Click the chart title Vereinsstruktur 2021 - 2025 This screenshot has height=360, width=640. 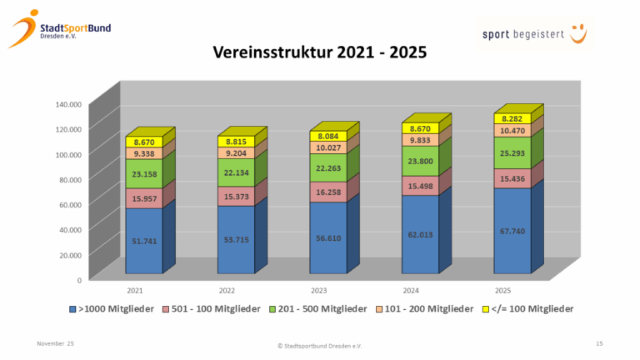click(x=320, y=54)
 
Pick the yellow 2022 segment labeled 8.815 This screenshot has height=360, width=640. click(x=236, y=142)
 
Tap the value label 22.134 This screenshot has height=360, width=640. click(x=236, y=172)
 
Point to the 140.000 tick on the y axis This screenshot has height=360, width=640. click(x=67, y=104)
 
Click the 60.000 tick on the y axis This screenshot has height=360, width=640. click(x=69, y=204)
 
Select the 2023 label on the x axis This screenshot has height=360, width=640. click(x=317, y=290)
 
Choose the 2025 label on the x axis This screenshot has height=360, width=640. click(x=502, y=290)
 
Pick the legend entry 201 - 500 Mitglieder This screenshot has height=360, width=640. click(x=322, y=309)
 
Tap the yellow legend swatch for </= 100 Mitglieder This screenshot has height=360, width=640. click(x=487, y=309)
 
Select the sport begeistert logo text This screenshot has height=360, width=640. click(x=525, y=35)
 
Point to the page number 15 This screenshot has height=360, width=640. click(x=599, y=343)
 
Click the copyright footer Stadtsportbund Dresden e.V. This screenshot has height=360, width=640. click(x=320, y=345)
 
